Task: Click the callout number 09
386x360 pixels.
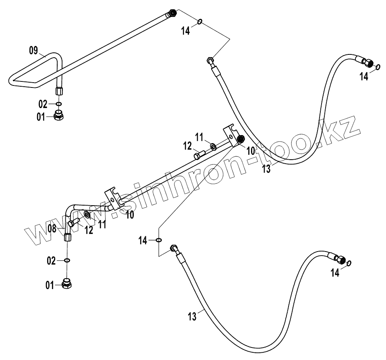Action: (x=33, y=50)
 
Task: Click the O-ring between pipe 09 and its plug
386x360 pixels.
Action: (x=58, y=104)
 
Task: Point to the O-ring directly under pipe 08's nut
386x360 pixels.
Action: (x=67, y=260)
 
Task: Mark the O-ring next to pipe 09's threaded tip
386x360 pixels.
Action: (x=199, y=22)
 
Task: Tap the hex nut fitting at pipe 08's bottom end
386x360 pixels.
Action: (x=67, y=237)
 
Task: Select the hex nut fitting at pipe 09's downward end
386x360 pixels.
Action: (x=59, y=89)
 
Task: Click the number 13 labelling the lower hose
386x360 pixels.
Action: (x=192, y=316)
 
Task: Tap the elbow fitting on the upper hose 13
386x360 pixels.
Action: (x=210, y=60)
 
